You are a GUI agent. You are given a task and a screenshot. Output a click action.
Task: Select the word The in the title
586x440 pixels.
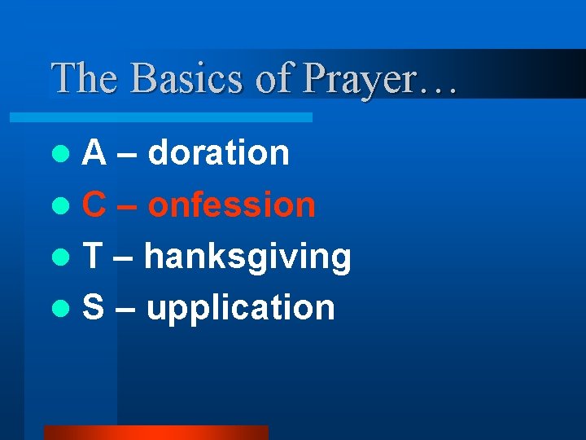(x=83, y=78)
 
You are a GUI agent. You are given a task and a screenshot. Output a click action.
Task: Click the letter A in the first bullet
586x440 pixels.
(x=94, y=152)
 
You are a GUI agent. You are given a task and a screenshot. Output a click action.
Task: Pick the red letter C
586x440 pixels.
(x=94, y=205)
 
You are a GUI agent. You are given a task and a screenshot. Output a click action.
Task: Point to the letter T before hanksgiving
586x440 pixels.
(x=93, y=256)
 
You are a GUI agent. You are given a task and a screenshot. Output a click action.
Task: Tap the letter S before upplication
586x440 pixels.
(x=94, y=307)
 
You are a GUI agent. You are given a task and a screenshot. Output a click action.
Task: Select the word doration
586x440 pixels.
(x=219, y=152)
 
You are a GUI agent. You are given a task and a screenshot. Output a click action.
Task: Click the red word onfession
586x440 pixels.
(x=232, y=205)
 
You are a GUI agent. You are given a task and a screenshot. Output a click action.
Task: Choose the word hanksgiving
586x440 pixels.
(x=247, y=257)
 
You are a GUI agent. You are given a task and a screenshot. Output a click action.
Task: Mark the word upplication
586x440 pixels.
(x=240, y=309)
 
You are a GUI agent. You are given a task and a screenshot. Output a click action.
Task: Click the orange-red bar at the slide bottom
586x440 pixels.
(x=155, y=433)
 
